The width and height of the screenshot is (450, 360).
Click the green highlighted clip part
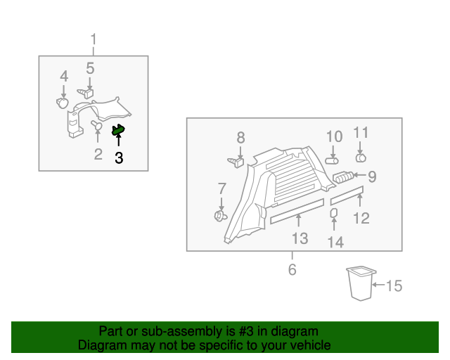pyautogui.click(x=118, y=129)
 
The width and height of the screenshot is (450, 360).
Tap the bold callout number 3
pyautogui.click(x=119, y=159)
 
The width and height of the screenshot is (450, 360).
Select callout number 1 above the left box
pyautogui.click(x=94, y=39)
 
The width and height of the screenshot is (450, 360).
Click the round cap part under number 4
pyautogui.click(x=63, y=103)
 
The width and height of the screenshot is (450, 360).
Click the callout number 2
pyautogui.click(x=98, y=154)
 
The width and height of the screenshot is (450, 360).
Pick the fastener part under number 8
pyautogui.click(x=236, y=162)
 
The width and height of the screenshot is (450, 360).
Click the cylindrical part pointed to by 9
pyautogui.click(x=343, y=178)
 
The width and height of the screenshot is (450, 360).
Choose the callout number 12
pyautogui.click(x=361, y=218)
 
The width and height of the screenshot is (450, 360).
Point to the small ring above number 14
pyautogui.click(x=335, y=212)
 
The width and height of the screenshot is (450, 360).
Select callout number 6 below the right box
pyautogui.click(x=292, y=269)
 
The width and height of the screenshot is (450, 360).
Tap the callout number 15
pyautogui.click(x=394, y=285)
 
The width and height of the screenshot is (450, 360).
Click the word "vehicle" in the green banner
pyautogui.click(x=307, y=345)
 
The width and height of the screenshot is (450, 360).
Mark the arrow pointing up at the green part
pyautogui.click(x=118, y=141)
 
